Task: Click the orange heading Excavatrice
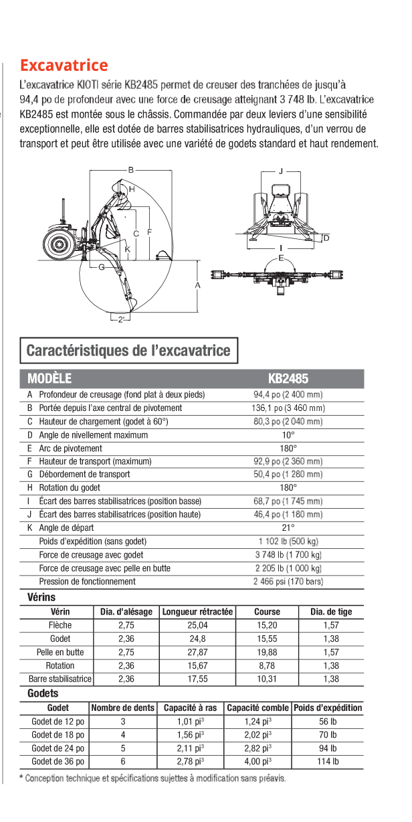pos(64,66)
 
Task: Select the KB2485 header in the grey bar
pos(288,378)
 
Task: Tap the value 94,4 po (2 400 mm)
pos(288,395)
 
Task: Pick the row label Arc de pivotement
pos(71,448)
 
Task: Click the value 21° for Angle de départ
pos(288,528)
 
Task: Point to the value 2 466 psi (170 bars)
pos(288,582)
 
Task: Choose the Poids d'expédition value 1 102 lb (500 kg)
pos(288,542)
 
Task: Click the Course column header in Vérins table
pos(268,612)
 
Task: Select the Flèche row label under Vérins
pos(60,625)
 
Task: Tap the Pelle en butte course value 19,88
pos(268,652)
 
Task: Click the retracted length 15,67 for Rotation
pos(197,665)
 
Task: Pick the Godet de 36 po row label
pos(58,761)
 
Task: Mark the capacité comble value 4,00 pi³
pos(258,761)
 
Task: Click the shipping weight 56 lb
pos(328,721)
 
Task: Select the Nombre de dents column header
pos(123,708)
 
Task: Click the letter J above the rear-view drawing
pos(281,170)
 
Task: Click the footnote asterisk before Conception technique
pos(21,777)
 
